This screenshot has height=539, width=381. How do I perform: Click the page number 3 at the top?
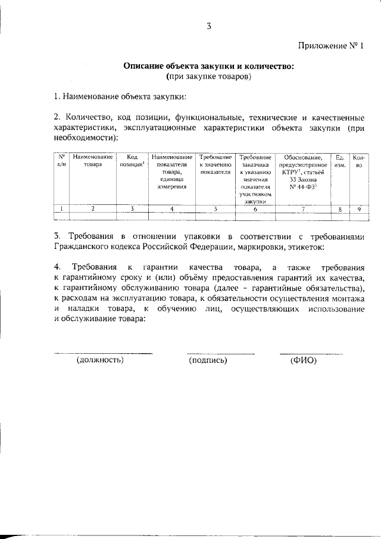209,26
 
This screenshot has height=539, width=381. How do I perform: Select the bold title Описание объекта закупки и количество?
208,66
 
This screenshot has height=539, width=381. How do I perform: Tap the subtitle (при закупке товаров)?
208,76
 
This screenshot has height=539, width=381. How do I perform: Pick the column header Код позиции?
132,160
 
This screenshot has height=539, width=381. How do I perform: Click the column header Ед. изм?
340,160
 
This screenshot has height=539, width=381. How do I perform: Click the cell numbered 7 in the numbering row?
303,209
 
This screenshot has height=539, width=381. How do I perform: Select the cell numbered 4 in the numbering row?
172,209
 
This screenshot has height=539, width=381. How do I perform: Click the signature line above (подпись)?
220,354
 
